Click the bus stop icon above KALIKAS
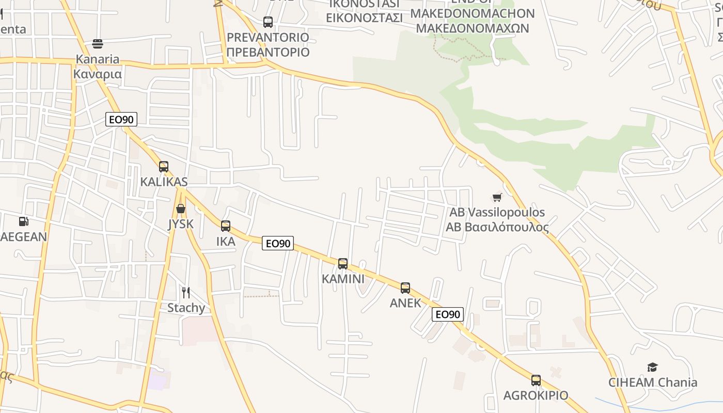pyautogui.click(x=164, y=166)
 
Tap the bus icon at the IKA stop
pyautogui.click(x=226, y=226)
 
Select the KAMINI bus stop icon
pyautogui.click(x=343, y=264)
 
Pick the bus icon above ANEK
pyautogui.click(x=405, y=288)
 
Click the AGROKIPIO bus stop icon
pyautogui.click(x=536, y=380)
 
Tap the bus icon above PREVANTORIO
pyautogui.click(x=268, y=22)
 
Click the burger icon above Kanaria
pyautogui.click(x=98, y=44)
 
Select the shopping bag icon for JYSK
pyautogui.click(x=180, y=209)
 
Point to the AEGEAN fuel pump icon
pyautogui.click(x=23, y=221)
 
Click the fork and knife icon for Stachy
pyautogui.click(x=186, y=293)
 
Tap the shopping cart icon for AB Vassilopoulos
pyautogui.click(x=497, y=197)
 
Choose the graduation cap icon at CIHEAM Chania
pyautogui.click(x=653, y=367)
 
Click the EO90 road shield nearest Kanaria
pyautogui.click(x=121, y=120)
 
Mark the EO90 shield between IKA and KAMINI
pyautogui.click(x=278, y=243)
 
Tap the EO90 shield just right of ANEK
pyautogui.click(x=448, y=314)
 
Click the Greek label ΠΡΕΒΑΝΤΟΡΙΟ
pyautogui.click(x=268, y=52)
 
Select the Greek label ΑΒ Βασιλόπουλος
pyautogui.click(x=497, y=227)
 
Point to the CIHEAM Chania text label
pyautogui.click(x=653, y=383)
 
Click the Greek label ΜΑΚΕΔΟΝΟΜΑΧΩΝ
pyautogui.click(x=473, y=28)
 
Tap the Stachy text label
pyautogui.click(x=186, y=308)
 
